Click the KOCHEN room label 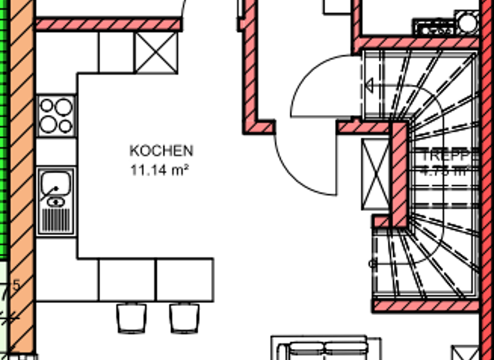point(161,151)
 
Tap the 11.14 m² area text point(161,170)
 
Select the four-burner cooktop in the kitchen point(56,116)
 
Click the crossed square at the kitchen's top point(156,53)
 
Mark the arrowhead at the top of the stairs point(370,85)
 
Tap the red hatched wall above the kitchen point(106,24)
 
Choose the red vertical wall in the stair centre point(399,174)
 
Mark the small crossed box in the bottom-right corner point(462,353)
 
